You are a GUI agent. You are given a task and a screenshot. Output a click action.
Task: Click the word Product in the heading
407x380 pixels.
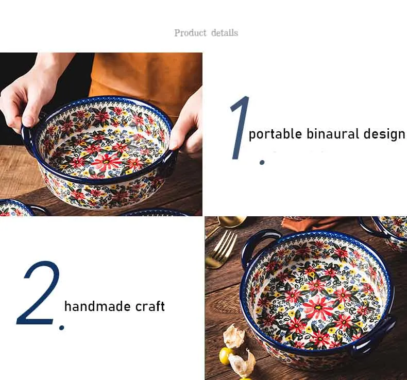pyautogui.click(x=190, y=33)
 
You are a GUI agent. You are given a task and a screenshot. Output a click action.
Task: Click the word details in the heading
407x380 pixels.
pyautogui.click(x=225, y=33)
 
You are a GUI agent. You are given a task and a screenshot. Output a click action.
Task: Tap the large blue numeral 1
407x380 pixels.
pyautogui.click(x=240, y=127)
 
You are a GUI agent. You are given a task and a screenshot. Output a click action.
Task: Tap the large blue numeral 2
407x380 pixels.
pyautogui.click(x=38, y=292)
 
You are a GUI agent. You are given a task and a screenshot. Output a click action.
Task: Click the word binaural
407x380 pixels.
pyautogui.click(x=332, y=134)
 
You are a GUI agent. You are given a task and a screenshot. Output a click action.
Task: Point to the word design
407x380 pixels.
pyautogui.click(x=384, y=134)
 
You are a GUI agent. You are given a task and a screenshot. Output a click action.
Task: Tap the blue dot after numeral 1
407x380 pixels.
pyautogui.click(x=262, y=162)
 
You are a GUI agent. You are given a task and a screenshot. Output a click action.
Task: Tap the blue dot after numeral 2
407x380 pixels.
pyautogui.click(x=61, y=328)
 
